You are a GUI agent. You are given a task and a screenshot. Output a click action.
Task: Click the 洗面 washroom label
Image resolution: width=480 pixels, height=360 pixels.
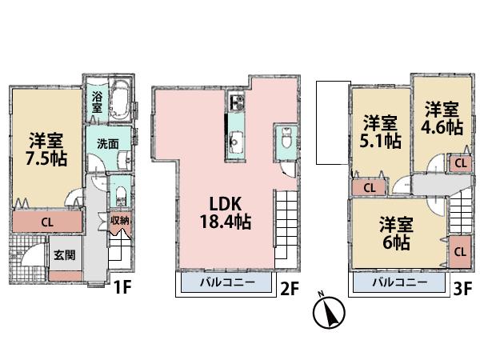point(108,144)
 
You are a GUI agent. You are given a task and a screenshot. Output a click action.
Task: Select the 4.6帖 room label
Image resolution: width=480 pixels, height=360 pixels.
point(442,118)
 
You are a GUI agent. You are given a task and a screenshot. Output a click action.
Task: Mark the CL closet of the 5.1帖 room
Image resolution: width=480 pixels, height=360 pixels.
point(370,188)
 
